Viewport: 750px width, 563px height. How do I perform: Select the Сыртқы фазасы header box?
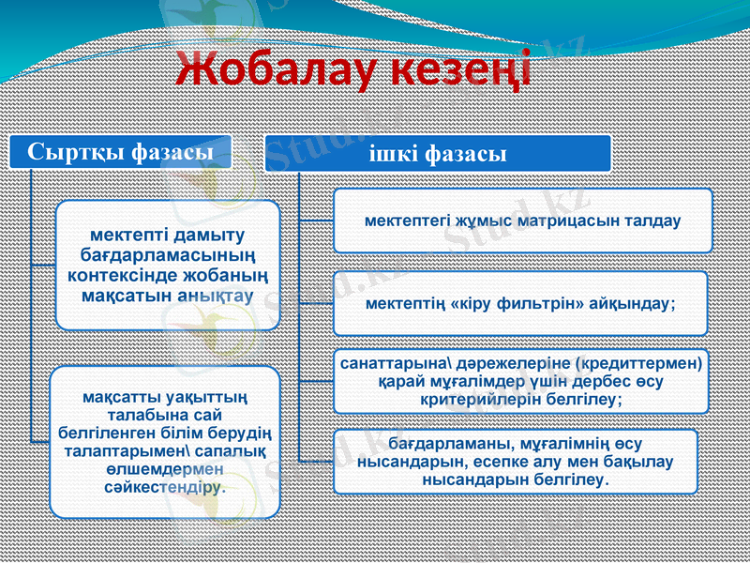click(119, 150)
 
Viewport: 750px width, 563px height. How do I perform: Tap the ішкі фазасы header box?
click(438, 153)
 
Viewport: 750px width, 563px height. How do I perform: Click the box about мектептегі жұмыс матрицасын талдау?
click(522, 221)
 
